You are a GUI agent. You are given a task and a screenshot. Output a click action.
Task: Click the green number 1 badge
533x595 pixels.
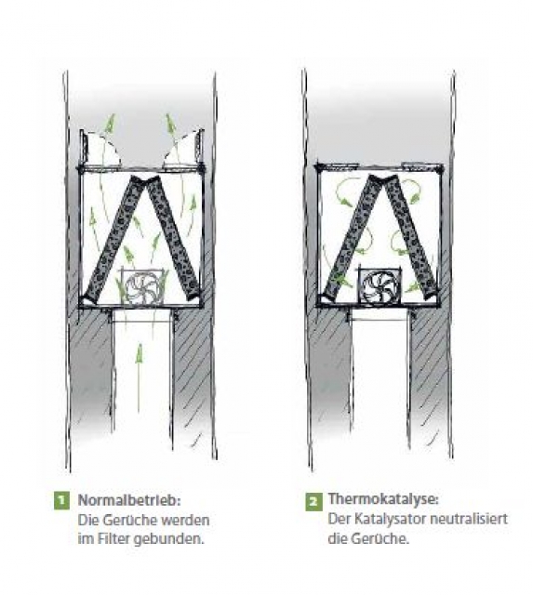61,501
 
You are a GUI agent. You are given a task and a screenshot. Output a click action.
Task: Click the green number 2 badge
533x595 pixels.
313,502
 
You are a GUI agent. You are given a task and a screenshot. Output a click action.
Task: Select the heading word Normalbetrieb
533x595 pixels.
127,500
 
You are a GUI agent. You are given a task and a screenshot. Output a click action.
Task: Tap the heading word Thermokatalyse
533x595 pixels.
381,499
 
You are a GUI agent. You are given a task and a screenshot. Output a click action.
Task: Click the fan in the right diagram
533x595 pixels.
379,285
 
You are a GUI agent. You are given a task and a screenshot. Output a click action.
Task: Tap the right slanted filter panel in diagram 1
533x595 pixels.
173,236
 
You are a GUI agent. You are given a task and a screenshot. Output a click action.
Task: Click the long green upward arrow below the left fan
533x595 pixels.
140,378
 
